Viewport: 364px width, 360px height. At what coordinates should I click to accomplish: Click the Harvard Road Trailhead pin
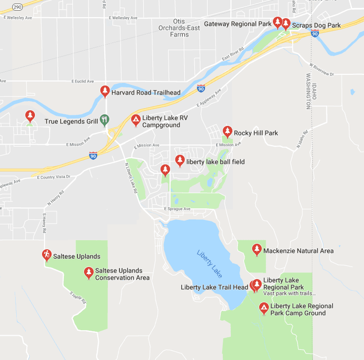pos(105,92)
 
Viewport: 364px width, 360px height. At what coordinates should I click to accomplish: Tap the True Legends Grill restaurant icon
pos(104,120)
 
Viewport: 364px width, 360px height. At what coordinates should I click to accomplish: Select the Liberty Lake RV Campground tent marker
pos(136,120)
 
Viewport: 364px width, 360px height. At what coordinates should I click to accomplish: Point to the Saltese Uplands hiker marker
pos(47,255)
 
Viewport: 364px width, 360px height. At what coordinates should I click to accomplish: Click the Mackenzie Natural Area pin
pos(257,250)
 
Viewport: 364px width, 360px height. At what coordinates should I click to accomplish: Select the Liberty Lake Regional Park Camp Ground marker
pos(263,308)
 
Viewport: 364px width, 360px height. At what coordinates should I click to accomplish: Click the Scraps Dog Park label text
pos(316,25)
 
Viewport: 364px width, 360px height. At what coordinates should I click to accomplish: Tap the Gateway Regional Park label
pos(237,24)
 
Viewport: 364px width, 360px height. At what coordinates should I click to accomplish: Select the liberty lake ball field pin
pos(180,161)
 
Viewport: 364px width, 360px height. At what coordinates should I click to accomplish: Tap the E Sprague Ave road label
pos(177,209)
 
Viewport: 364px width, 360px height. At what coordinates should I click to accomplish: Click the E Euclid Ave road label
pos(83,81)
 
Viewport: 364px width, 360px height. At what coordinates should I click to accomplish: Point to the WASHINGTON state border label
pos(308,92)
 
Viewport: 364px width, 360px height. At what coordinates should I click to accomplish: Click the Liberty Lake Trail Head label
pos(214,288)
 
